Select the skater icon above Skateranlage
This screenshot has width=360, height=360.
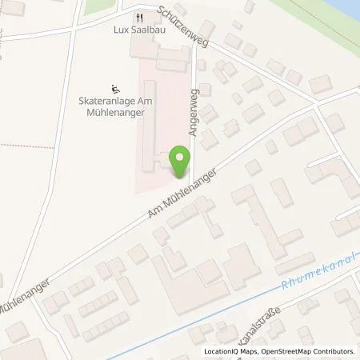[114, 89]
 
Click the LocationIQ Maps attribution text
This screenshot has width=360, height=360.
[230, 351]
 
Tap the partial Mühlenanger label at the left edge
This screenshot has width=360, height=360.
[24, 297]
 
